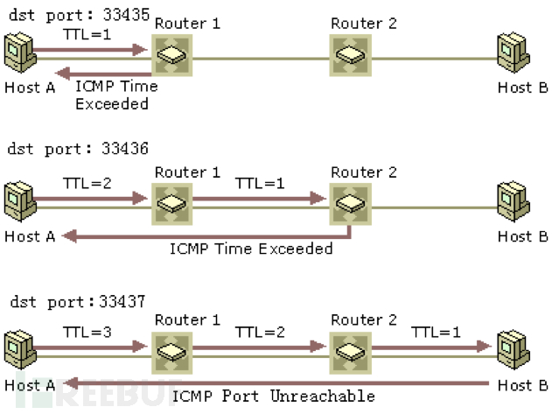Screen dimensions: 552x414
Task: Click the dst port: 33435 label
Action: coord(80,15)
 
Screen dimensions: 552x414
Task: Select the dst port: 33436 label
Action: coord(78,149)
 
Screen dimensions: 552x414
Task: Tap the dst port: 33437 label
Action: coord(78,302)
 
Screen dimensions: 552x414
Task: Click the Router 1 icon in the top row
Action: coord(172,55)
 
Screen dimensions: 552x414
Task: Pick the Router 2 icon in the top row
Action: coord(351,55)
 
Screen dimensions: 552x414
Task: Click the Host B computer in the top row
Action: coord(514,53)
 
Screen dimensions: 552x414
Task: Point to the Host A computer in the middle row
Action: coord(20,201)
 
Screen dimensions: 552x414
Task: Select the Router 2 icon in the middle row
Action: coord(351,204)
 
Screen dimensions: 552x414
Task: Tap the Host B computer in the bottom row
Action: coord(514,350)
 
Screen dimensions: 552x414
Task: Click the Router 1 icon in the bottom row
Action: coord(172,353)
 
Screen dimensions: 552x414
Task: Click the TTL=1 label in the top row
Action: coord(87,34)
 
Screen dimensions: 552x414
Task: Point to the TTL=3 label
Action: coord(87,333)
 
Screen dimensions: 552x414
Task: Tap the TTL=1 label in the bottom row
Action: coord(437,333)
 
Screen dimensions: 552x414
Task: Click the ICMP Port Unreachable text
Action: coord(273,396)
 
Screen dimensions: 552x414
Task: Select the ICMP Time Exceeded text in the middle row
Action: coord(251,249)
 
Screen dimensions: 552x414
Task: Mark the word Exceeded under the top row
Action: coord(112,104)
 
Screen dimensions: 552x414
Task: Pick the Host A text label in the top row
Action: coord(30,88)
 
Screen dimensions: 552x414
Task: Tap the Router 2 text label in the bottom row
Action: coord(364,320)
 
